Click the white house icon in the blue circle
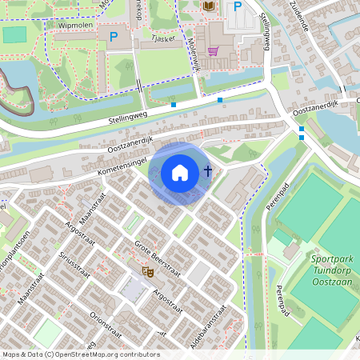pyautogui.click(x=180, y=172)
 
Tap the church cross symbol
pyautogui.click(x=208, y=170)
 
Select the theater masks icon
pyautogui.click(x=147, y=272)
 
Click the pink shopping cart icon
pyautogui.click(x=213, y=51)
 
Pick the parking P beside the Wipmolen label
pyautogui.click(x=114, y=37)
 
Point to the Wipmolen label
pyautogui.click(x=77, y=26)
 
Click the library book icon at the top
pyautogui.click(x=210, y=6)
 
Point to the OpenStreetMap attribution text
pyautogui.click(x=81, y=354)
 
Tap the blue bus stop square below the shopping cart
pyautogui.click(x=220, y=100)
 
